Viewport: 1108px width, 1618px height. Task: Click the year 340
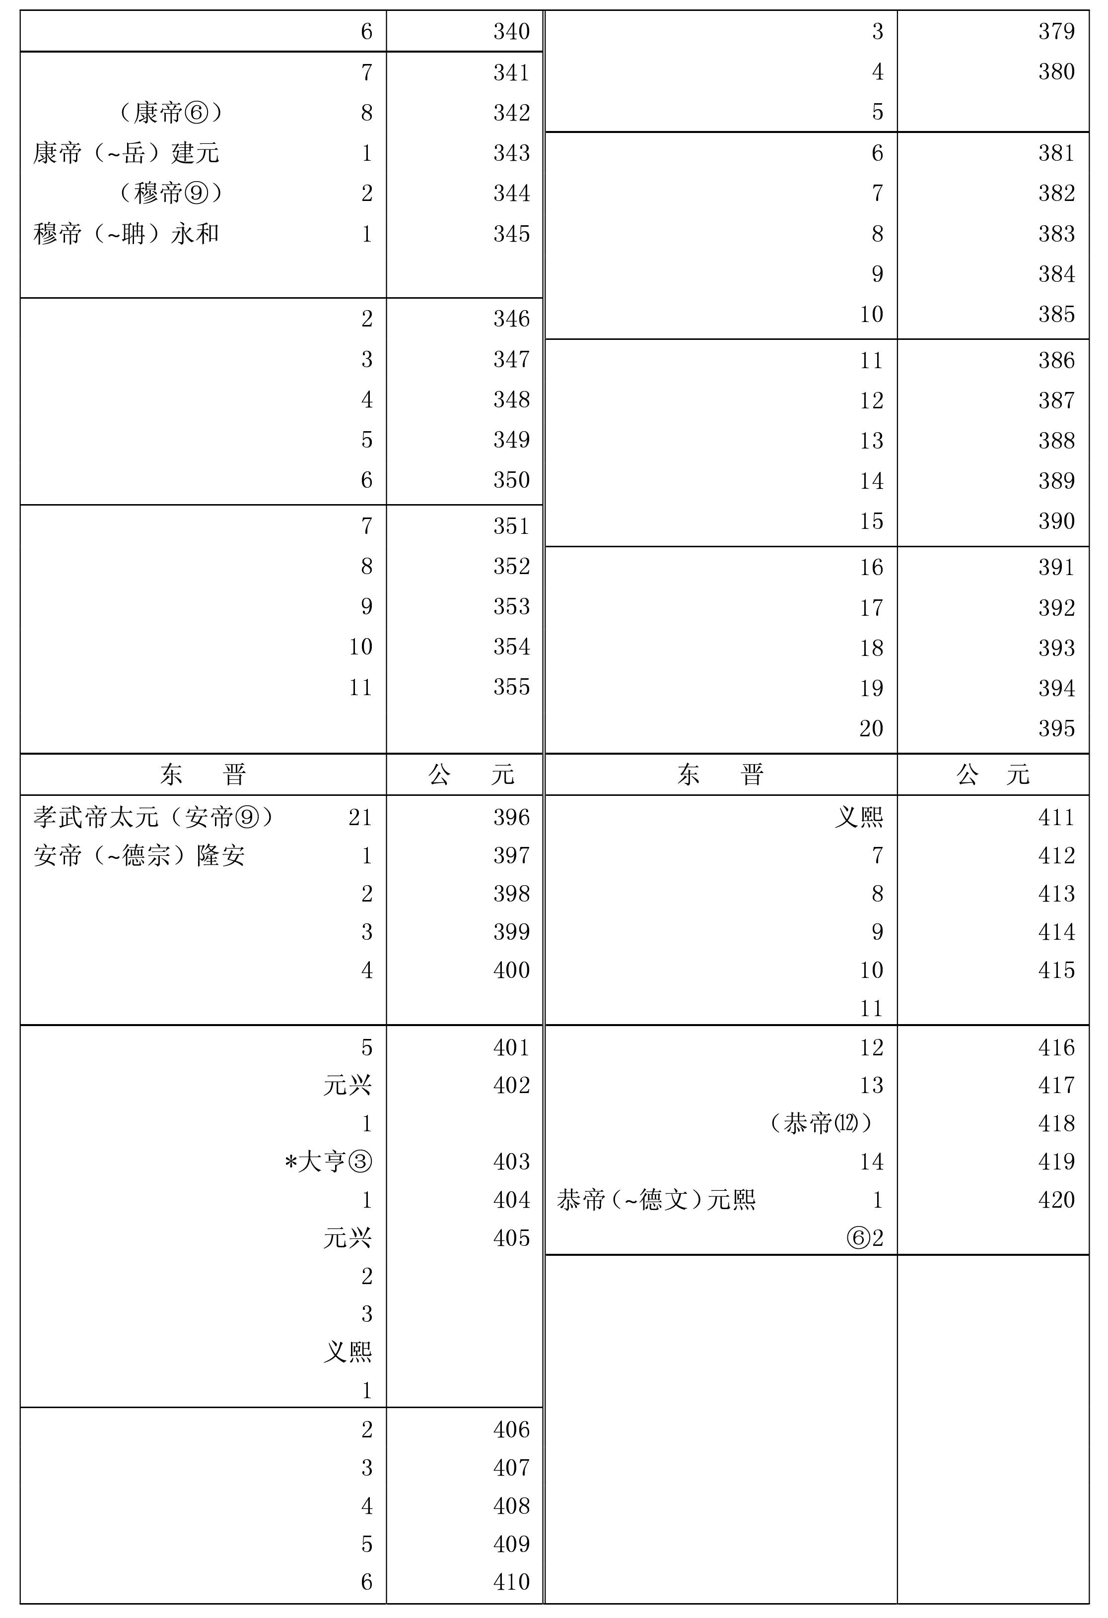pos(511,31)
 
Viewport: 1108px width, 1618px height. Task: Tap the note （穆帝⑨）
pos(171,193)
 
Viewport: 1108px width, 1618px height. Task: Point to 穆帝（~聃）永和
pos(126,234)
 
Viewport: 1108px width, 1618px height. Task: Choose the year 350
pos(511,480)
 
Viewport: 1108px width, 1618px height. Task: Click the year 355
pos(511,687)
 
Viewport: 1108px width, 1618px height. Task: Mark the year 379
pos(1056,31)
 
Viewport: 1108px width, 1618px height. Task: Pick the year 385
pos(1056,315)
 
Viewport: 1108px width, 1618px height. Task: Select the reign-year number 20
pos(871,729)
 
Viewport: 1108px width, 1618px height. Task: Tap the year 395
pos(1056,729)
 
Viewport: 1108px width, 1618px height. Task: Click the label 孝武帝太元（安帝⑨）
pos(153,817)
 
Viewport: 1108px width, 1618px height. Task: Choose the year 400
pos(511,971)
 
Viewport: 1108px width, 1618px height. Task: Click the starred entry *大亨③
pos(328,1162)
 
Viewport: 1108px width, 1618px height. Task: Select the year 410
pos(511,1582)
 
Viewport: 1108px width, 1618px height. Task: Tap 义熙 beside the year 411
pos(859,817)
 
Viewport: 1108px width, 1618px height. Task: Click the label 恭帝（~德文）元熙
pos(656,1200)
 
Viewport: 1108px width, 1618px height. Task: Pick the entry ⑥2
pos(865,1238)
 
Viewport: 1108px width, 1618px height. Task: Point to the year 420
pos(1056,1200)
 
